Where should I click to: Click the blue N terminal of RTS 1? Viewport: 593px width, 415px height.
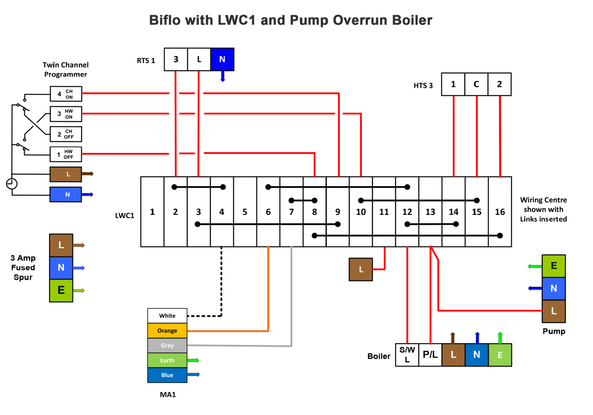[222, 59]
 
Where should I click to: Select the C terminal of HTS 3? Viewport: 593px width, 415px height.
[476, 84]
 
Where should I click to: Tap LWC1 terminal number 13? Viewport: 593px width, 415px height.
[430, 212]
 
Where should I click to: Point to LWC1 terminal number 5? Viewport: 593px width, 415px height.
[245, 212]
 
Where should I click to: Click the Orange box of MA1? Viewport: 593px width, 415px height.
[167, 331]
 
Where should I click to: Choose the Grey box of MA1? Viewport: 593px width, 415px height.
[167, 345]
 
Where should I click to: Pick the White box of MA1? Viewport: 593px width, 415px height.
[167, 316]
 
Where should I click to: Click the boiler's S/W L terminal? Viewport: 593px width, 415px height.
[407, 355]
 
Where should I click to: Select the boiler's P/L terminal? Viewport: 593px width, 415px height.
[430, 355]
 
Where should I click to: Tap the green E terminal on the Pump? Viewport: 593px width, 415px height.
[554, 266]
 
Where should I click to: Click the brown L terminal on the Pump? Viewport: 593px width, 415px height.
[554, 311]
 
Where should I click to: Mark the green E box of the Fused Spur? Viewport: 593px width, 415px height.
[61, 290]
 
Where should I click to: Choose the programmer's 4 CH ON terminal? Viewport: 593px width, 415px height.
[66, 94]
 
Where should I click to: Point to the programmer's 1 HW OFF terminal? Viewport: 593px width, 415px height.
[66, 154]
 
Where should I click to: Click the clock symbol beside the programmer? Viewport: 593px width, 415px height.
[12, 183]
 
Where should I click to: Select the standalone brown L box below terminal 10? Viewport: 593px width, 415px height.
[361, 269]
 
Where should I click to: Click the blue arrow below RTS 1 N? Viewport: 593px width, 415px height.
[223, 76]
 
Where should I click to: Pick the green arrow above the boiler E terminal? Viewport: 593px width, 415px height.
[500, 337]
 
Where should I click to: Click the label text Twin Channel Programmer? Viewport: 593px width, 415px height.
[66, 69]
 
